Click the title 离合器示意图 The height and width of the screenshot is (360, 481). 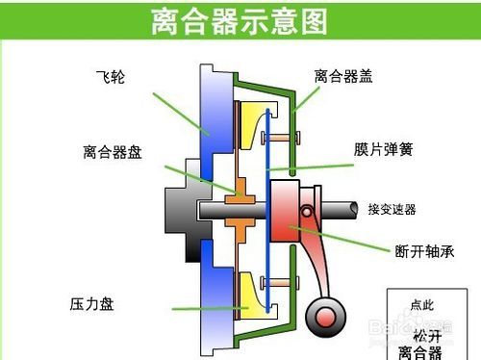pyautogui.click(x=240, y=21)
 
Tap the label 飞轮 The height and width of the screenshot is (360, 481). pyautogui.click(x=110, y=75)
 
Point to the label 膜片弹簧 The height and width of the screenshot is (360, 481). pyautogui.click(x=382, y=150)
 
